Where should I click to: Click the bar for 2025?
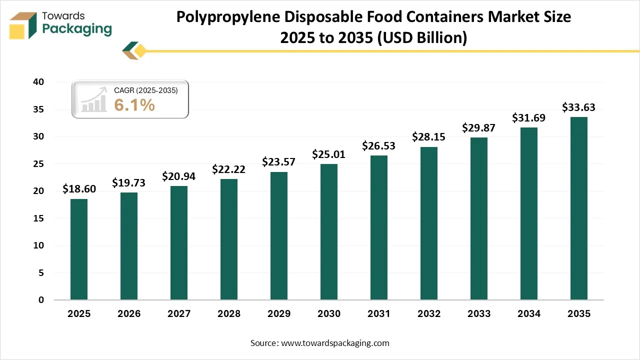point(79,249)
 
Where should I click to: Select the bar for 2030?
point(329,232)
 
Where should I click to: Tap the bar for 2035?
point(579,208)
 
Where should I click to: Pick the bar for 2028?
point(229,239)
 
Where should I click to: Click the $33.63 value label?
point(578,107)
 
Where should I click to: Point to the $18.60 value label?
point(79,189)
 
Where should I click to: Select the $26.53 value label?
point(379,145)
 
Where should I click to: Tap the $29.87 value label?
point(479,127)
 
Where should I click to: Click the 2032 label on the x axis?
point(429,314)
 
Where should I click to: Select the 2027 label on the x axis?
point(179,314)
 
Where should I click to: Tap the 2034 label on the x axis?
point(529,314)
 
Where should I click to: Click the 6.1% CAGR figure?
point(134,105)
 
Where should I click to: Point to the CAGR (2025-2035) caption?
point(145,90)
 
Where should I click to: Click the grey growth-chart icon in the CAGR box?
point(94,99)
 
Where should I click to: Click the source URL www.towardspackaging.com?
point(335,343)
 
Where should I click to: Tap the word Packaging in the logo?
point(77,29)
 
